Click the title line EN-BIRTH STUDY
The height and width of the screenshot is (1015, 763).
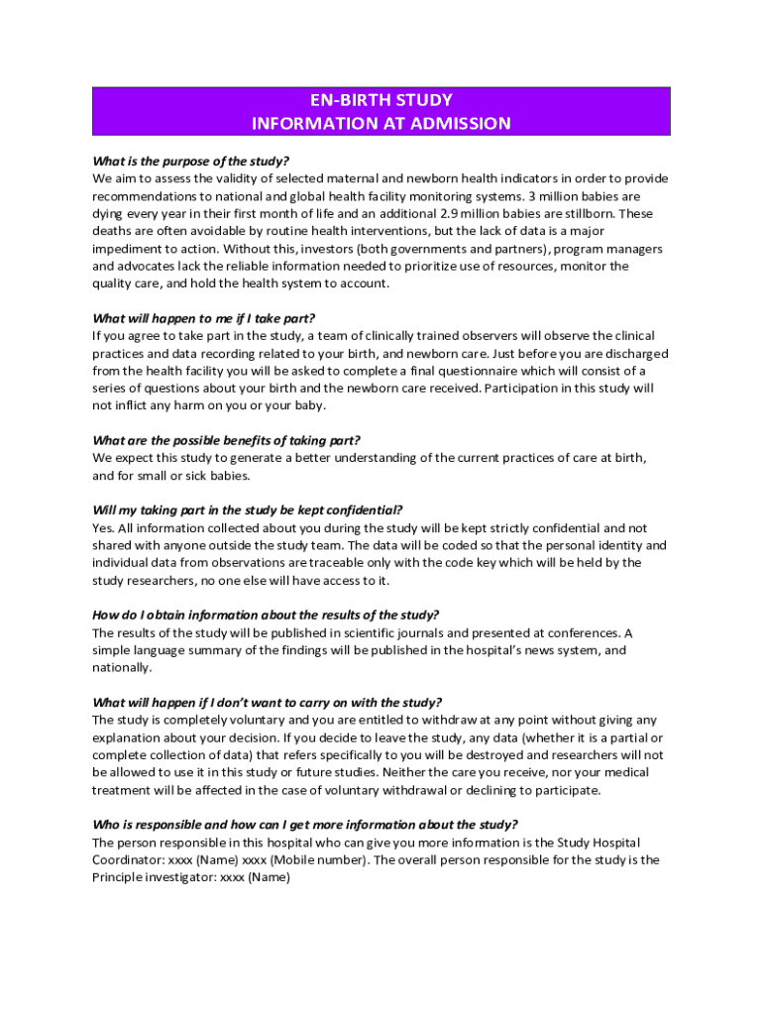pyautogui.click(x=381, y=100)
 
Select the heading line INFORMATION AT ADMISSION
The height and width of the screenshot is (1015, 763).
pyautogui.click(x=381, y=124)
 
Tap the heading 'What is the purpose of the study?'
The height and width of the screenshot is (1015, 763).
pyautogui.click(x=190, y=162)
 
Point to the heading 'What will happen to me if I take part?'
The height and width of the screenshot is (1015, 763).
pyautogui.click(x=203, y=318)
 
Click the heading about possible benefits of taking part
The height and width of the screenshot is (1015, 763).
pyautogui.click(x=226, y=440)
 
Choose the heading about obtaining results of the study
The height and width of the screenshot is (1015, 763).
pyautogui.click(x=266, y=615)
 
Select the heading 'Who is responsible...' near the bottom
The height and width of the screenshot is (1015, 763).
pyautogui.click(x=304, y=825)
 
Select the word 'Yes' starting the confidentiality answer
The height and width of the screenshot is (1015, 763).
pyautogui.click(x=102, y=528)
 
